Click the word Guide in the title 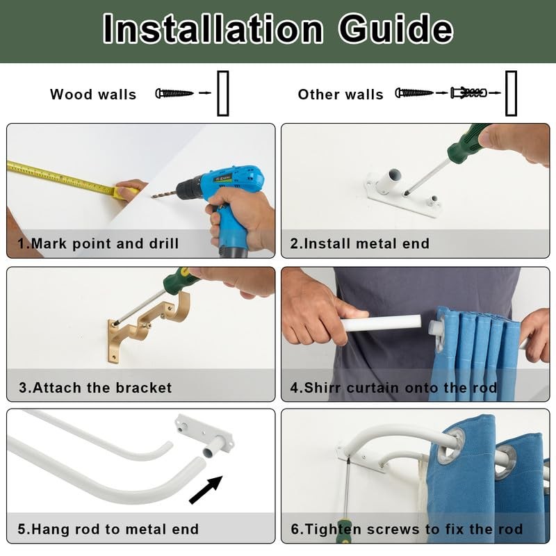coord(395,28)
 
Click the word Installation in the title coord(213,28)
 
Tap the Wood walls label coord(93,95)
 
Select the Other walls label coord(341,95)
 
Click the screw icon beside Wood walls coord(174,93)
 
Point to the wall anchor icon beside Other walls coord(468,93)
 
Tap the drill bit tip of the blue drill coord(152,196)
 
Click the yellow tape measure coord(71,179)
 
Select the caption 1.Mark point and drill coord(98,244)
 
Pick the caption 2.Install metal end coord(359,244)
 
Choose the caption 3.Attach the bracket coord(95,388)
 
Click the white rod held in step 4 coord(381,323)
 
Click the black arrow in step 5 coord(206,490)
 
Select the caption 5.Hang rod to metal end coord(108,529)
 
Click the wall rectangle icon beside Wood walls coord(223,94)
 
